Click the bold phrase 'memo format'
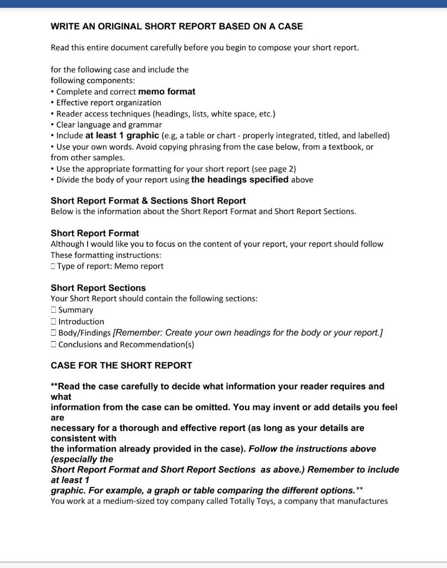pyautogui.click(x=166, y=92)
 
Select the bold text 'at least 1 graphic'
pyautogui.click(x=122, y=135)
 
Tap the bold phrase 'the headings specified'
pyautogui.click(x=240, y=179)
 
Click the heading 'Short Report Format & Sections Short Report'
pyautogui.click(x=148, y=201)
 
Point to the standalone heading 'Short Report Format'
pyautogui.click(x=95, y=233)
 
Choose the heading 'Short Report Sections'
pyautogui.click(x=98, y=288)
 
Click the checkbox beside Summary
pyautogui.click(x=53, y=310)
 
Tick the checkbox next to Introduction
pyautogui.click(x=53, y=322)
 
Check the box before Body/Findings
pyautogui.click(x=53, y=333)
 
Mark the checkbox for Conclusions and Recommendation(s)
pyautogui.click(x=53, y=344)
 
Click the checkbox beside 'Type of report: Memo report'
pyautogui.click(x=53, y=266)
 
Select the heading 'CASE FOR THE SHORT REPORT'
pyautogui.click(x=121, y=366)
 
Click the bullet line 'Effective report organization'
pyautogui.click(x=109, y=103)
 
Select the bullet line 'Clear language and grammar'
pyautogui.click(x=109, y=125)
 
